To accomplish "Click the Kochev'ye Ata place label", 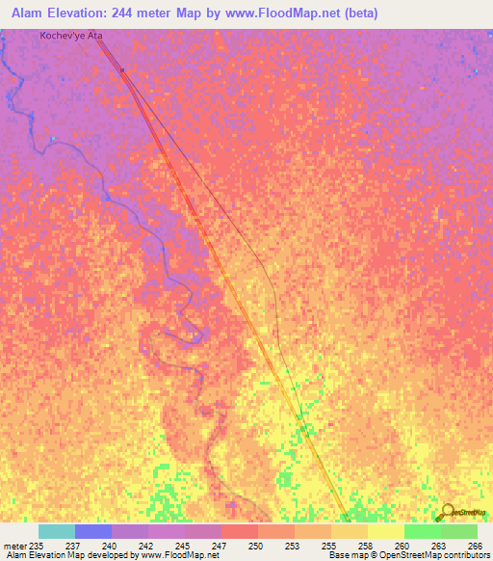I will coord(70,36).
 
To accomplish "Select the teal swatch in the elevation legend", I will coord(56,531).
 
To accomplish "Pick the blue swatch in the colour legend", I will coord(92,531).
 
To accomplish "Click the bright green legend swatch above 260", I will coord(422,531).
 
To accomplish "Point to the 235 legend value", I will coord(38,546).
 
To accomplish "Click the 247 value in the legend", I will coord(221,546).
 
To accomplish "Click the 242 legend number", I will coord(147,546).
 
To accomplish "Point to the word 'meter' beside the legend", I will coord(14,546).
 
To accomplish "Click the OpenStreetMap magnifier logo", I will coord(448,511).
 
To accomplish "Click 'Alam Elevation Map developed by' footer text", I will coord(67,555).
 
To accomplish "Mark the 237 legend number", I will coord(74,546).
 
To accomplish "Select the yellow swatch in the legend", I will coord(385,531).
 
